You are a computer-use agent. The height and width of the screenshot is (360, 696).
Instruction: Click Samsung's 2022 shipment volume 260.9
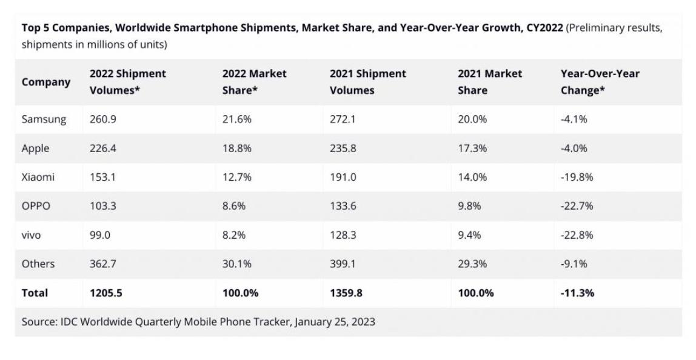pyautogui.click(x=102, y=119)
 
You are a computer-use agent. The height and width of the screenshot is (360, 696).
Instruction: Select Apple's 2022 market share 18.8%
pyautogui.click(x=236, y=148)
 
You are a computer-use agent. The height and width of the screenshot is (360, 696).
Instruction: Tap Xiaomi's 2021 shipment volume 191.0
pyautogui.click(x=343, y=177)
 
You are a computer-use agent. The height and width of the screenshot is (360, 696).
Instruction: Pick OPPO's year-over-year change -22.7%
pyautogui.click(x=577, y=206)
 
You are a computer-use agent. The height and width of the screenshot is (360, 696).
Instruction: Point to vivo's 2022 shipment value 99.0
pyautogui.click(x=100, y=235)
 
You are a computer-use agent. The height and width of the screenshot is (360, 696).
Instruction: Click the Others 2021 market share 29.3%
pyautogui.click(x=472, y=264)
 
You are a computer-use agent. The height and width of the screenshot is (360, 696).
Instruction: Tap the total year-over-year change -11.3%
pyautogui.click(x=577, y=293)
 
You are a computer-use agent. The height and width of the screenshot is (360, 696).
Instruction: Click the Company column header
pyautogui.click(x=46, y=82)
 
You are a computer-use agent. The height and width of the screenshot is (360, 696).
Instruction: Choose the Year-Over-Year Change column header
pyautogui.click(x=600, y=82)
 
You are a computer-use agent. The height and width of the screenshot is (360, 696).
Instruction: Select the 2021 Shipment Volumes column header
pyautogui.click(x=368, y=82)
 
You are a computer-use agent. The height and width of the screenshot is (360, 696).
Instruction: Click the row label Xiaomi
pyautogui.click(x=38, y=177)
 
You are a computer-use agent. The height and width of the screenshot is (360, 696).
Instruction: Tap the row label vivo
pyautogui.click(x=32, y=235)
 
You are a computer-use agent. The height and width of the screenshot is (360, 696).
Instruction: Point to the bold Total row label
pyautogui.click(x=35, y=293)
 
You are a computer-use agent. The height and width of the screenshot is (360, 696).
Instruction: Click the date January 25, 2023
pyautogui.click(x=335, y=322)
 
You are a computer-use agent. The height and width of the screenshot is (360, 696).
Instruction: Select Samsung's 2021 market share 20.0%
pyautogui.click(x=472, y=119)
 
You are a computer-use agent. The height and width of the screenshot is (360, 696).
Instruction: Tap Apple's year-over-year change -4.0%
pyautogui.click(x=574, y=148)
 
